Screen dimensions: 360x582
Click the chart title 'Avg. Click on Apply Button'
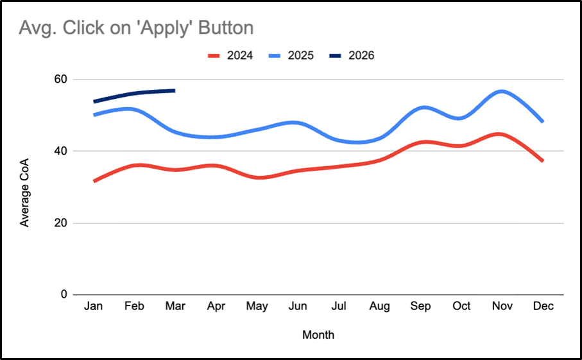coord(136,28)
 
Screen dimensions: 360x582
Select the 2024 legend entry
coord(230,55)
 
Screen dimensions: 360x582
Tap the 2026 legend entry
coord(352,55)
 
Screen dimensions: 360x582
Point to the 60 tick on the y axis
coord(60,80)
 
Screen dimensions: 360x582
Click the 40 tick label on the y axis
coord(60,151)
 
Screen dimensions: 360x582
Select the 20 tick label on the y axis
coord(60,223)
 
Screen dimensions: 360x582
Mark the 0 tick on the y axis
coord(64,295)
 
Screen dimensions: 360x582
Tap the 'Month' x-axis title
coord(318,334)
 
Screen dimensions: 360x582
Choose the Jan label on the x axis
coord(94,307)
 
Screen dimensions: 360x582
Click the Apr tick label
coord(216,307)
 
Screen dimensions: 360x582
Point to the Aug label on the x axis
coord(380,307)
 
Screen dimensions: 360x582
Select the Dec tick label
coord(543,307)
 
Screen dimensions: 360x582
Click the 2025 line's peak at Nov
coord(502,91)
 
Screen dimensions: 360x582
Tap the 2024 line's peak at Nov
coord(502,134)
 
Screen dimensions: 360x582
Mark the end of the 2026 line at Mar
coord(175,90)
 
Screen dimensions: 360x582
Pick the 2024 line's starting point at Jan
coord(94,182)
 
